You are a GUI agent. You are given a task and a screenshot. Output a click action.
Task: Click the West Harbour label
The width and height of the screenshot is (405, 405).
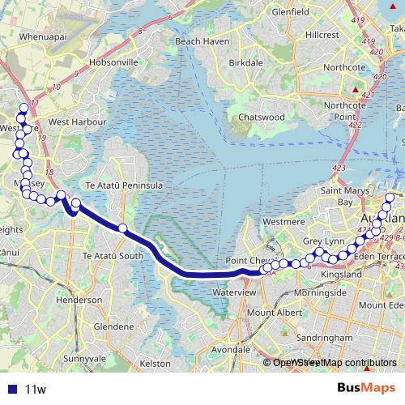click(x=78, y=122)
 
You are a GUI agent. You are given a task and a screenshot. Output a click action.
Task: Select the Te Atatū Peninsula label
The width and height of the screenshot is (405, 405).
click(x=130, y=185)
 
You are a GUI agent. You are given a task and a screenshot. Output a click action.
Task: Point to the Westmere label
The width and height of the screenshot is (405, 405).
click(x=283, y=220)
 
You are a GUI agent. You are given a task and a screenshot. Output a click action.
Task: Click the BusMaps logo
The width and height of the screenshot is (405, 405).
click(x=365, y=388)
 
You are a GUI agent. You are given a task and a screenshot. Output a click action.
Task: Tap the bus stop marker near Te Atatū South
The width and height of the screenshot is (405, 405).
click(x=123, y=228)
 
